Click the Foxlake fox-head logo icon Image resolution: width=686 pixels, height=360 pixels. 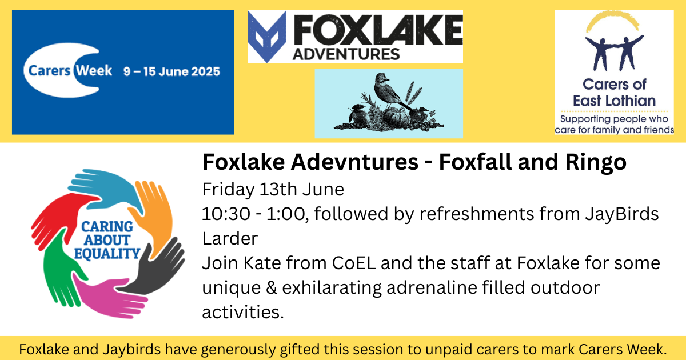(x=267, y=37)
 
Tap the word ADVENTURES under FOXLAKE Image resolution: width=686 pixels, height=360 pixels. (x=346, y=54)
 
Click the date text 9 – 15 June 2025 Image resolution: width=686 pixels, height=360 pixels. (x=172, y=71)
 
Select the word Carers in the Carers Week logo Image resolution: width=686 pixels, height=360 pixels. (x=49, y=71)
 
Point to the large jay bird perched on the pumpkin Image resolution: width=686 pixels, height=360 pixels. (x=390, y=92)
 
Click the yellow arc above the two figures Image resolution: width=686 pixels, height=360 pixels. (x=612, y=18)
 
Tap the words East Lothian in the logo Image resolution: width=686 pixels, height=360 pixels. (x=614, y=101)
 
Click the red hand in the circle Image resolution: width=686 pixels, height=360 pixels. (x=61, y=217)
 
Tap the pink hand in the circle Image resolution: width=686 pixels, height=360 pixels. (x=107, y=297)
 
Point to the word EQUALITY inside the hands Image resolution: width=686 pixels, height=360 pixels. (x=107, y=254)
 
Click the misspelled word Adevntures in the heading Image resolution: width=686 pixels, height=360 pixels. (x=354, y=162)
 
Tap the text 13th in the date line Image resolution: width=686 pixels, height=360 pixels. (x=278, y=189)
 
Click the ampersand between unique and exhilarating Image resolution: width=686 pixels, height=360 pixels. (x=272, y=288)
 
